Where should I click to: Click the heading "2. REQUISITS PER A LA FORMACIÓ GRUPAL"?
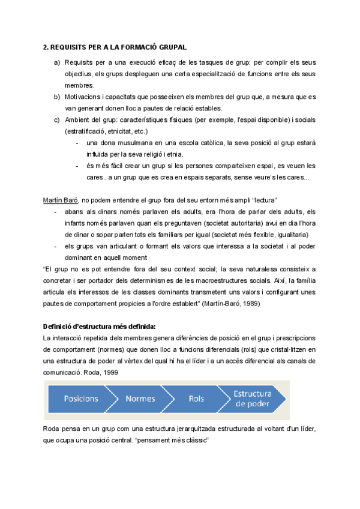point(115,46)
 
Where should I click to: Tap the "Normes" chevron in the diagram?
point(140,399)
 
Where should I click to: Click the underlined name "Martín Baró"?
point(60,199)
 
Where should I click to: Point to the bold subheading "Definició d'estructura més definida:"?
point(99,327)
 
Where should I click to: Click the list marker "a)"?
point(58,62)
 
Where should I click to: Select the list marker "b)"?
point(58,97)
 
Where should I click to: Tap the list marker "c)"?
point(58,119)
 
